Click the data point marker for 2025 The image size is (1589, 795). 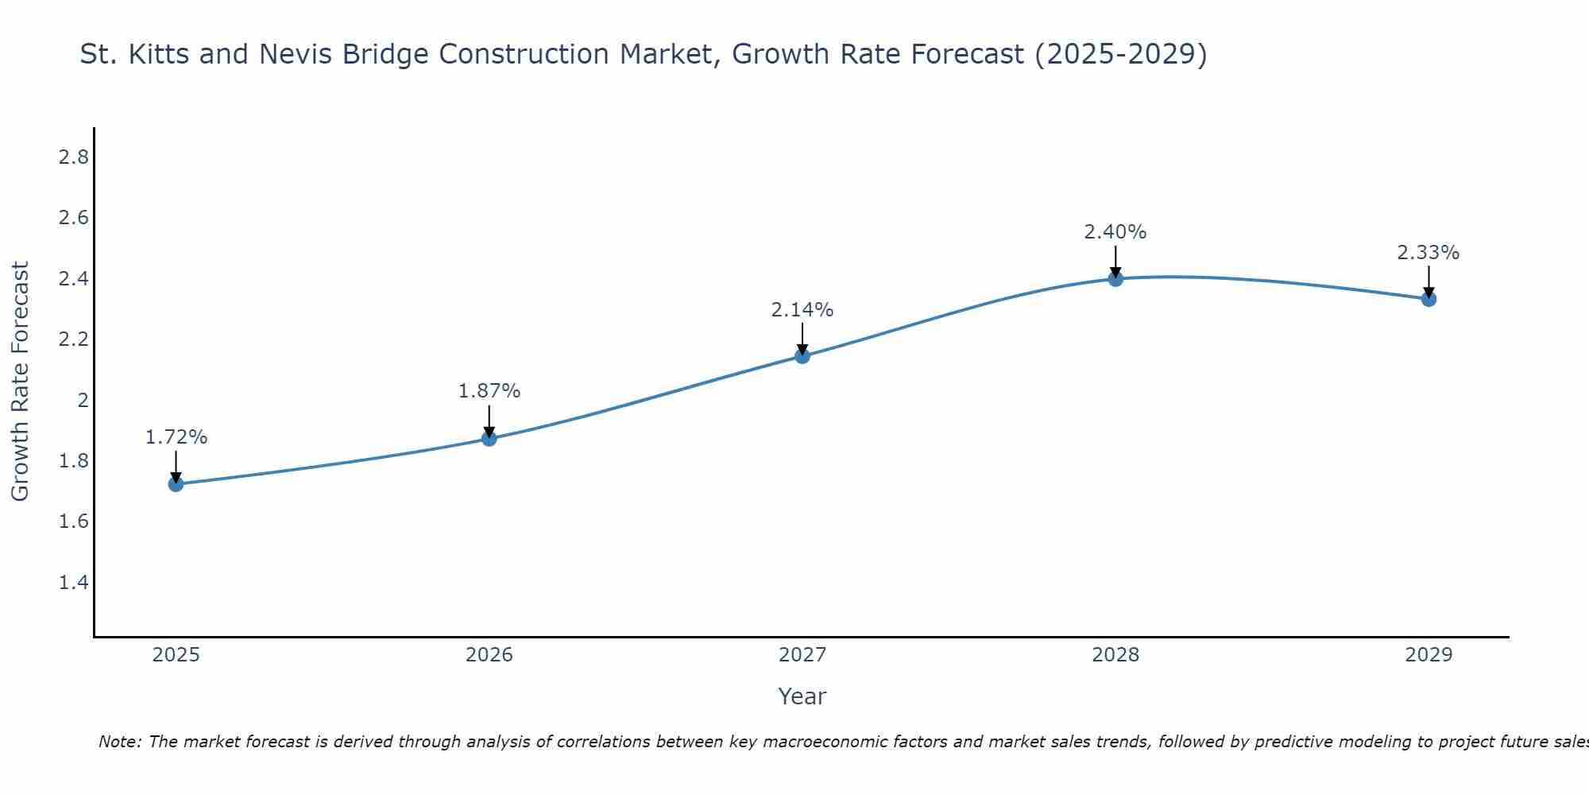point(176,484)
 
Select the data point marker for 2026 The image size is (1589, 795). point(489,438)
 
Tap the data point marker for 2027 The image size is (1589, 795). point(802,356)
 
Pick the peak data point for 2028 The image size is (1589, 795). point(1115,278)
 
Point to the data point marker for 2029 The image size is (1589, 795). point(1429,299)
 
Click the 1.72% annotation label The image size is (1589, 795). point(176,437)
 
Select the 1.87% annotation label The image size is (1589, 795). point(489,391)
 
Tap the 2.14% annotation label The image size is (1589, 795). point(802,310)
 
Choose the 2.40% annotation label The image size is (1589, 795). point(1115,232)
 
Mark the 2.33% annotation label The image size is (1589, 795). point(1429,253)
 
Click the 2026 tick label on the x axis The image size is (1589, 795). point(489,655)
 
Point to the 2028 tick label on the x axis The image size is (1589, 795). point(1115,655)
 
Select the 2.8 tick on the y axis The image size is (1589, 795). point(74,157)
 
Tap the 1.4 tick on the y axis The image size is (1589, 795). point(74,583)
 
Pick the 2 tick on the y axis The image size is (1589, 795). point(83,401)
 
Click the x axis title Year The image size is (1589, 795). point(802,696)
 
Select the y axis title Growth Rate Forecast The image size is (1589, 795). point(20,382)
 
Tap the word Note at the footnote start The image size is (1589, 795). point(119,742)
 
